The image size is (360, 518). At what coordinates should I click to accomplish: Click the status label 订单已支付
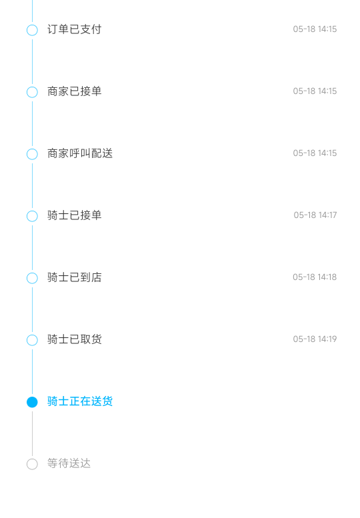[x=74, y=29]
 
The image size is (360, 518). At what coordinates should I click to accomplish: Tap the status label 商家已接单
[x=74, y=91]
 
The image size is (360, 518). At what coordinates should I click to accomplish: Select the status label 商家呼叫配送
[x=80, y=153]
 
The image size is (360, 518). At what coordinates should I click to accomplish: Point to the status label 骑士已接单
[x=74, y=215]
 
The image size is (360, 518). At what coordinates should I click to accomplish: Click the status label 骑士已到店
[x=74, y=277]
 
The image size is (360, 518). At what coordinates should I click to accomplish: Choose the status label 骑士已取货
[x=74, y=339]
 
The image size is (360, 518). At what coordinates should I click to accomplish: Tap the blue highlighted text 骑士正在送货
[x=80, y=401]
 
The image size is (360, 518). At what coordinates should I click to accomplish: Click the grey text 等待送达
[x=69, y=463]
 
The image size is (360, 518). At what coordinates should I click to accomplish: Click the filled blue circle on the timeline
[x=32, y=402]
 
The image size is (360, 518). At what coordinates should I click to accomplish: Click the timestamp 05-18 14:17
[x=315, y=215]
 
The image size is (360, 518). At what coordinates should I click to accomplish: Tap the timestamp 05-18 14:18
[x=315, y=277]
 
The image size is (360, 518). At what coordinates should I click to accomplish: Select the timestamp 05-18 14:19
[x=315, y=339]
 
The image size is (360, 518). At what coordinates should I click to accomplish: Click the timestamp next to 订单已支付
[x=315, y=29]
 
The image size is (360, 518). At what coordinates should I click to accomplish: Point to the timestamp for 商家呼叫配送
[x=315, y=153]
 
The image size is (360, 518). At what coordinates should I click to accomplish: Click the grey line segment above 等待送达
[x=32, y=433]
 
